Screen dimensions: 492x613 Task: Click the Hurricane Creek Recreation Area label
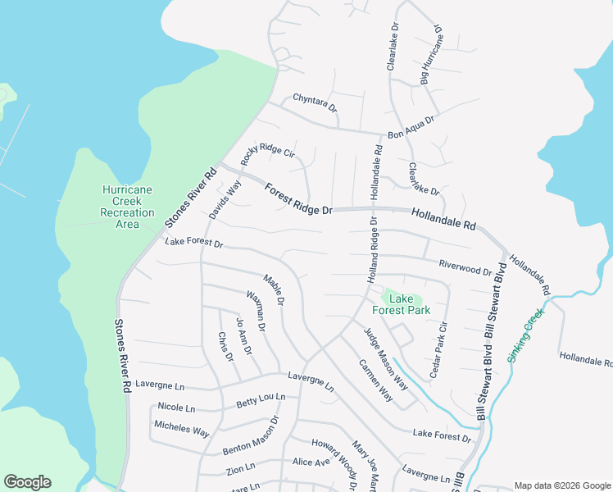pyautogui.click(x=127, y=207)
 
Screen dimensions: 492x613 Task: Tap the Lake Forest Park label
pyautogui.click(x=401, y=304)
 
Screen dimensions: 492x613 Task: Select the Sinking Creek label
pyautogui.click(x=524, y=335)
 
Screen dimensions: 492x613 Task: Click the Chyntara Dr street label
pyautogui.click(x=314, y=105)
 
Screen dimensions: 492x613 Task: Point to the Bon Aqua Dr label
pyautogui.click(x=411, y=127)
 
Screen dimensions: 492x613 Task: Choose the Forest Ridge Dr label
pyautogui.click(x=297, y=198)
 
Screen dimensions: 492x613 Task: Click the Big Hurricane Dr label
pyautogui.click(x=431, y=55)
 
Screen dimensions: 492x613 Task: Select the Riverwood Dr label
pyautogui.click(x=465, y=266)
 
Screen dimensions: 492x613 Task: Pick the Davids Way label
pyautogui.click(x=225, y=199)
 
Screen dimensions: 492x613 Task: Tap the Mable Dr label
pyautogui.click(x=273, y=288)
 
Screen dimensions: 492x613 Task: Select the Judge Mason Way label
pyautogui.click(x=385, y=358)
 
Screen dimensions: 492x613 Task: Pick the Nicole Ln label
pyautogui.click(x=176, y=407)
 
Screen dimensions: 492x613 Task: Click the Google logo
pyautogui.click(x=27, y=482)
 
